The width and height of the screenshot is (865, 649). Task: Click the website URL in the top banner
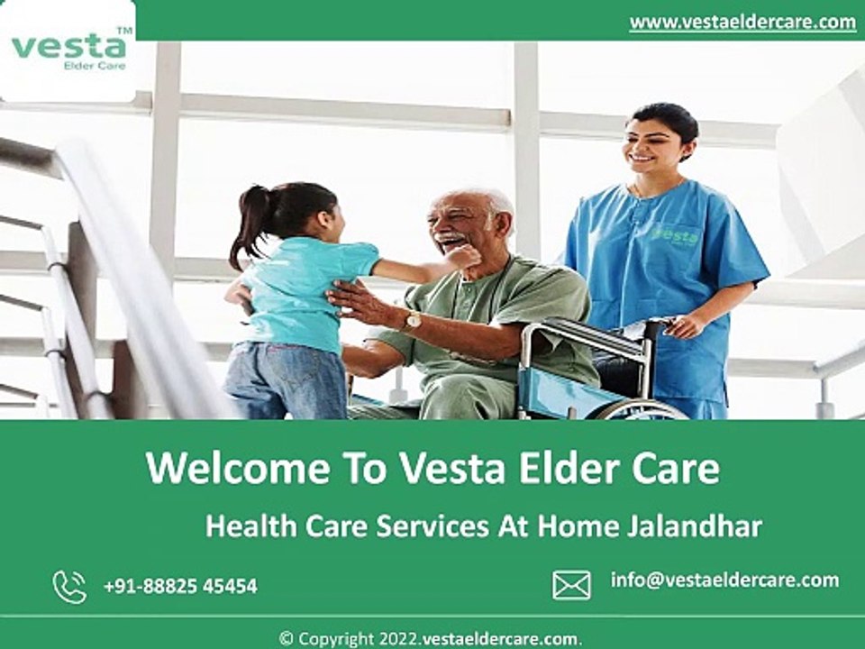click(x=742, y=22)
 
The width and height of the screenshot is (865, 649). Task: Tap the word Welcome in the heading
click(x=238, y=468)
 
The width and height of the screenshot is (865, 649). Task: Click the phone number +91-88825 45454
click(x=180, y=586)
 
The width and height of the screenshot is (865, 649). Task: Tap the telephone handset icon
click(x=69, y=587)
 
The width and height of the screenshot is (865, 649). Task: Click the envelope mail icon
click(x=571, y=585)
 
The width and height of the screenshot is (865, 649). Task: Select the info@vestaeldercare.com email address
click(x=724, y=580)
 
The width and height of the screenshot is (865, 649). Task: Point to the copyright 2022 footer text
click(x=431, y=639)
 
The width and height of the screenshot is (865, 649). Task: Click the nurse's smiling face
click(x=650, y=146)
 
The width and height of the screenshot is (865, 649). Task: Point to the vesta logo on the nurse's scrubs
click(x=675, y=235)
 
